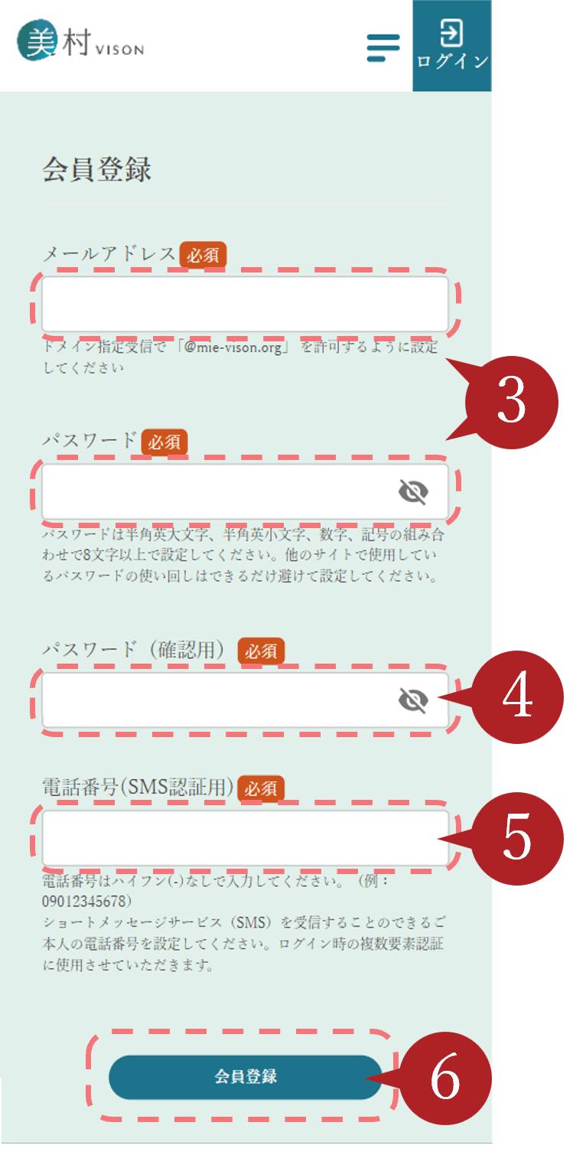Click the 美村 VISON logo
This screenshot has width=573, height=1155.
[80, 41]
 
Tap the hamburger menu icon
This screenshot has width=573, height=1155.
[383, 48]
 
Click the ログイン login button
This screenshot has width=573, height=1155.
[452, 45]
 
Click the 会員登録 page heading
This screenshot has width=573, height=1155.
[97, 169]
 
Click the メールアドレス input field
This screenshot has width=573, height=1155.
[245, 304]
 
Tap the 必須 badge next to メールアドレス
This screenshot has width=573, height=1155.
[203, 255]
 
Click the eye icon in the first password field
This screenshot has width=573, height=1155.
[413, 491]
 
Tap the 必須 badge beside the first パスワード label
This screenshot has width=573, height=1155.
[164, 442]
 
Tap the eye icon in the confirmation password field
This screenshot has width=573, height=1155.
[413, 700]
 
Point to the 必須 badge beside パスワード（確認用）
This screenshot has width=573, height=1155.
[261, 651]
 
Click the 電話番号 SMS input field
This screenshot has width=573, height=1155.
[245, 838]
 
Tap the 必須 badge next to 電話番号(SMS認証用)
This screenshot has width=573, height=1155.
[261, 788]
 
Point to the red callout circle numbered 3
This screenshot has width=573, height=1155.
[512, 402]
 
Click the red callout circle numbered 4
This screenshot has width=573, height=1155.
[517, 697]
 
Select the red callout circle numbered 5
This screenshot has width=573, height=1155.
[517, 838]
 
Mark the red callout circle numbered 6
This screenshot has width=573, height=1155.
[445, 1078]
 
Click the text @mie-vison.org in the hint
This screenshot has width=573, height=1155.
[233, 347]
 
